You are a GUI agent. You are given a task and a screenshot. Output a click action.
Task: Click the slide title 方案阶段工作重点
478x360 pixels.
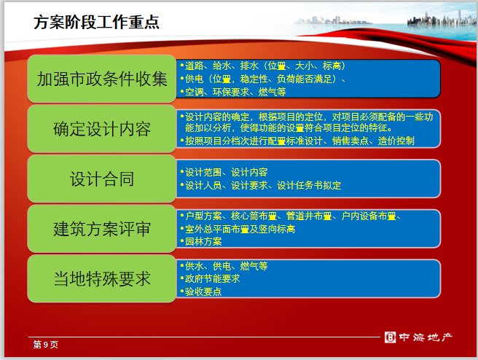coord(96,22)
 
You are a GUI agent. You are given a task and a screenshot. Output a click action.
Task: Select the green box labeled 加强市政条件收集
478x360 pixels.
coord(102,79)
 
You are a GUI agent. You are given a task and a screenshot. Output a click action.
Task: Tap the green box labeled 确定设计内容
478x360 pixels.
coord(102,129)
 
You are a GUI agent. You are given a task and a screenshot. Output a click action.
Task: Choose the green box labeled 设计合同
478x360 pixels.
coord(102,179)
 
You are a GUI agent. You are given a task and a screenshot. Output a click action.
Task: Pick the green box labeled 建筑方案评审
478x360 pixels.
coord(102,229)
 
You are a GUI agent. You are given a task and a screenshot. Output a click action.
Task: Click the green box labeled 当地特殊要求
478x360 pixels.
coord(102,278)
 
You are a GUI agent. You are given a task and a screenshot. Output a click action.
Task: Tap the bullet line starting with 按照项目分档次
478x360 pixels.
coord(299,141)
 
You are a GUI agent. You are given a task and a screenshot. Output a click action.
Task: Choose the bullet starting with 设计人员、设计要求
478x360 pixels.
coord(262,185)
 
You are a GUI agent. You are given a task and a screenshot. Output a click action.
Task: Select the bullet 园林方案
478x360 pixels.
coord(203,241)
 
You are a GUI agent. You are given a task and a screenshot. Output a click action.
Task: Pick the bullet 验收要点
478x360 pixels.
coord(203,291)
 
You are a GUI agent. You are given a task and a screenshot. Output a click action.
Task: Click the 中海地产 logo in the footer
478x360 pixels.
coord(420,337)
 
